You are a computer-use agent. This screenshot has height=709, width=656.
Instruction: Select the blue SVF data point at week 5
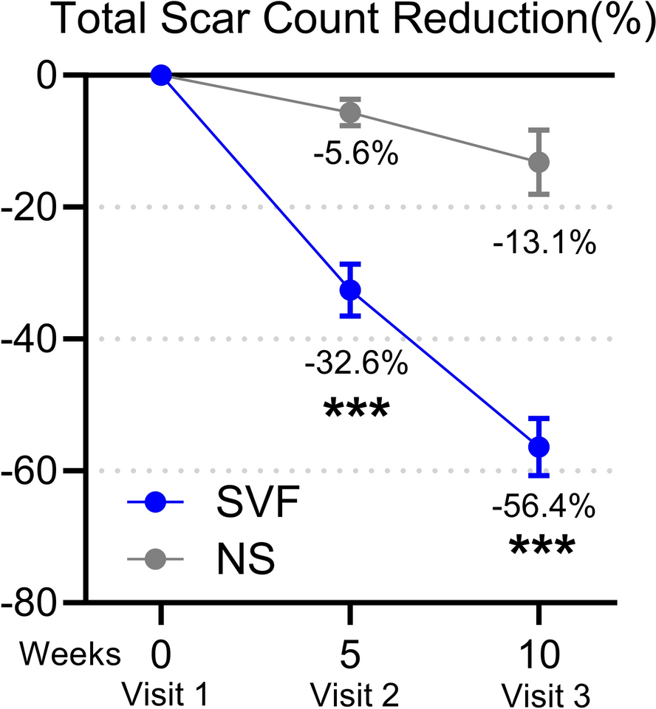coord(349,290)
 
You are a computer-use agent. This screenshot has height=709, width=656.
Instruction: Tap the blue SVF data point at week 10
coord(539,447)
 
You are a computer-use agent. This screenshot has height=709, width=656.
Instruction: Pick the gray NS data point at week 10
coord(539,162)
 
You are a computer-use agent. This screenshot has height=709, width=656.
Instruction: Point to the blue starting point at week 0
coord(160,75)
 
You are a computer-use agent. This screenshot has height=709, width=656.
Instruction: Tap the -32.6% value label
coord(355,363)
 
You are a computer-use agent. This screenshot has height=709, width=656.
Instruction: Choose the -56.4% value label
coord(544,507)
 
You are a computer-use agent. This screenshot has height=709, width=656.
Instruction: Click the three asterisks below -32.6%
coord(355,408)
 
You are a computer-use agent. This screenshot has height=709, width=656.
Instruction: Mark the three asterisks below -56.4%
coord(541,548)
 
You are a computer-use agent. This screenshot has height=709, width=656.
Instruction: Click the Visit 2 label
coord(355,693)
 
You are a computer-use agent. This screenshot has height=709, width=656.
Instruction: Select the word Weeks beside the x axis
coord(70,653)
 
